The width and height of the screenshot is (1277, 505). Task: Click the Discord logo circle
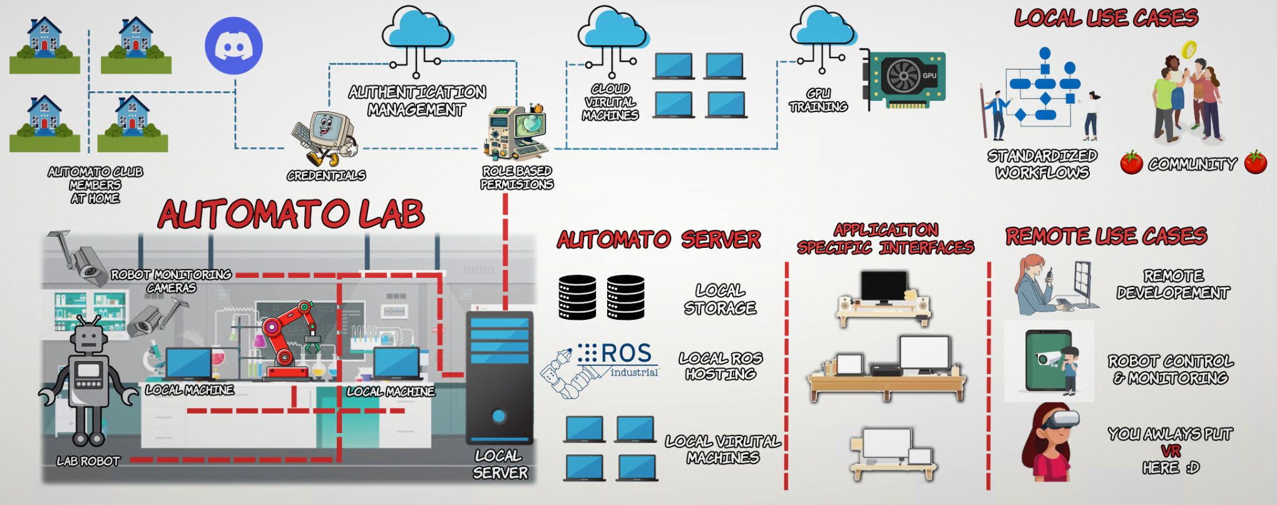[x=233, y=46]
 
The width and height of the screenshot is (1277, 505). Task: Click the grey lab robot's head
[x=88, y=339]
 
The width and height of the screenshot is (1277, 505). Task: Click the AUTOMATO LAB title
[x=291, y=214]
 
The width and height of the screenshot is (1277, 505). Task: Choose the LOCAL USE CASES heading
[x=1106, y=18]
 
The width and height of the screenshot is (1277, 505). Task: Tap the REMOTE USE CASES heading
[x=1106, y=236]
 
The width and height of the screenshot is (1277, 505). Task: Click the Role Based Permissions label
[x=517, y=178]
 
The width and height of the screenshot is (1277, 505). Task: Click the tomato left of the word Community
[x=1131, y=163]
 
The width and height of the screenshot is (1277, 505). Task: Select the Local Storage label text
[x=721, y=299]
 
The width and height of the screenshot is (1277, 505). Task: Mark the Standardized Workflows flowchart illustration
[x=1042, y=94]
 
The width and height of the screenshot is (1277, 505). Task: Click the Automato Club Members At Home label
[x=95, y=185]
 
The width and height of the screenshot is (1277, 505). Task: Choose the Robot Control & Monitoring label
[x=1171, y=369]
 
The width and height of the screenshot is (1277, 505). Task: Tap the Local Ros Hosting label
[x=721, y=366]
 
